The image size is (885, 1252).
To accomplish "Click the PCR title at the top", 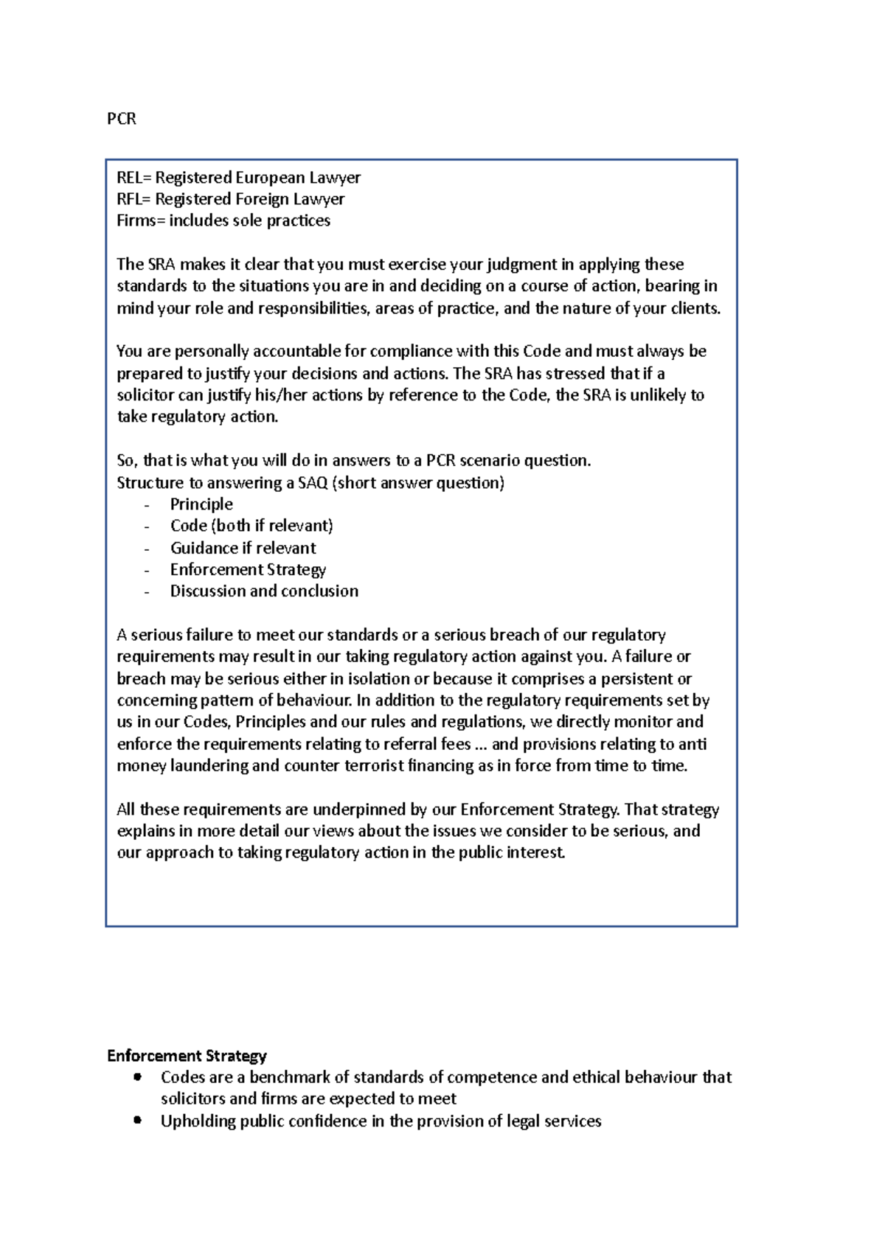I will click(x=122, y=119).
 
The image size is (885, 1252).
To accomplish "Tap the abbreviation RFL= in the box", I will click(x=133, y=199).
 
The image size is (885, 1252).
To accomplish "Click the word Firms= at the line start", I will click(x=140, y=220).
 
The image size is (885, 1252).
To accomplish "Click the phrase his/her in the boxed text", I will click(x=281, y=395).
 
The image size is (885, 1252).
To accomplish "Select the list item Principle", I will click(x=201, y=504).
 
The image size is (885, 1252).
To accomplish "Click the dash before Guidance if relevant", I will click(x=147, y=549).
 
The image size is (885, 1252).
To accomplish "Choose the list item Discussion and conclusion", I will click(x=264, y=591).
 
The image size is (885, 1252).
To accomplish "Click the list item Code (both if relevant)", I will click(x=251, y=526).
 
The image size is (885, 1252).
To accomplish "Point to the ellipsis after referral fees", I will click(x=481, y=745).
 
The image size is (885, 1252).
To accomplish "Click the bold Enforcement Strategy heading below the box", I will click(x=187, y=1056).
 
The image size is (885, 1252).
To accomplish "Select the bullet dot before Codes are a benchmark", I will click(x=137, y=1077).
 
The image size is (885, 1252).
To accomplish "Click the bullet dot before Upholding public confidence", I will click(x=137, y=1120).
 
